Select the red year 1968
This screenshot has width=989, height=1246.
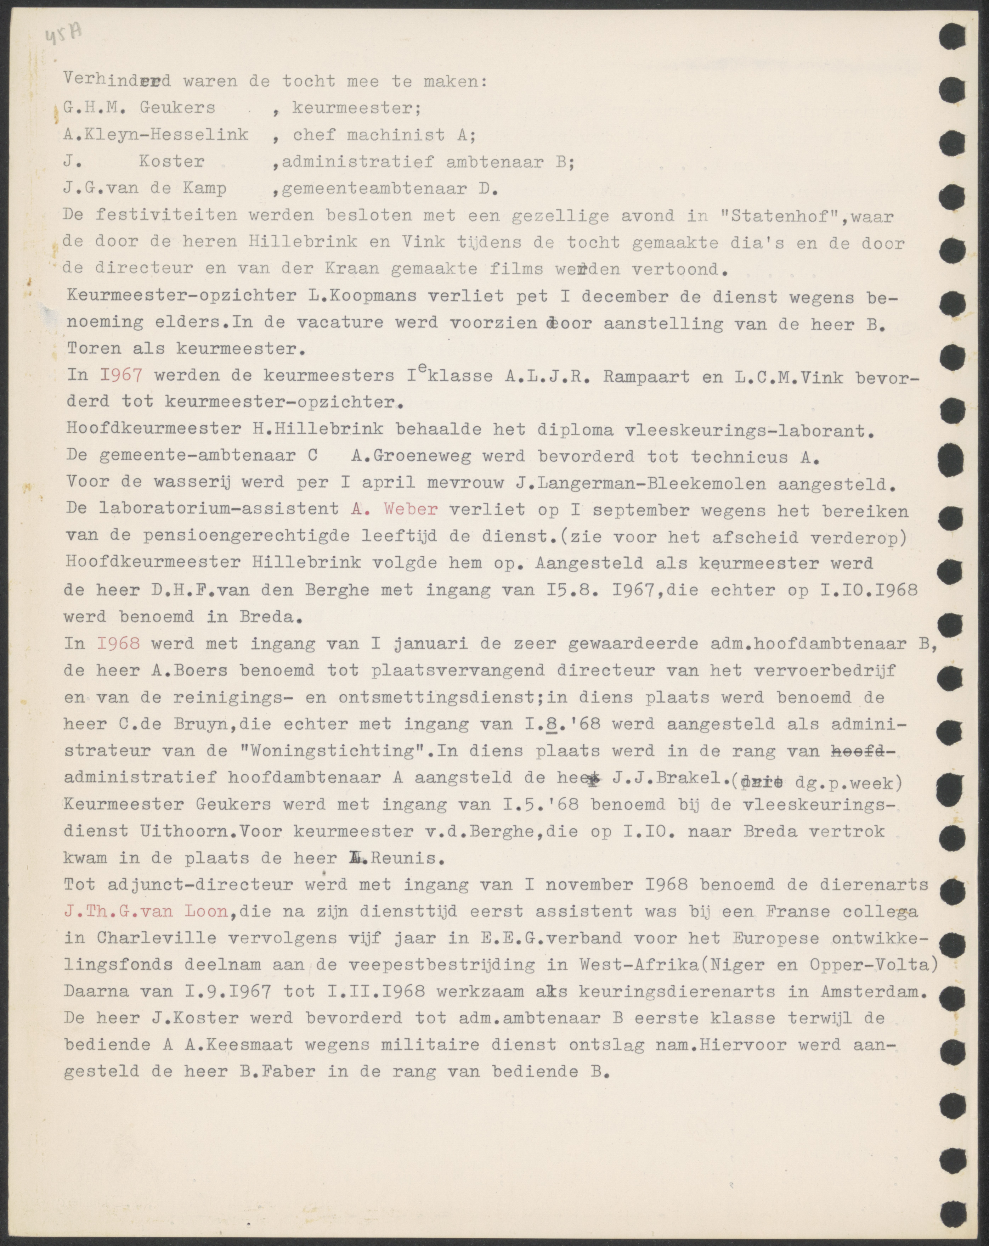coord(120,643)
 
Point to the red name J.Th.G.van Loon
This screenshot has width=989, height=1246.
coord(147,911)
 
